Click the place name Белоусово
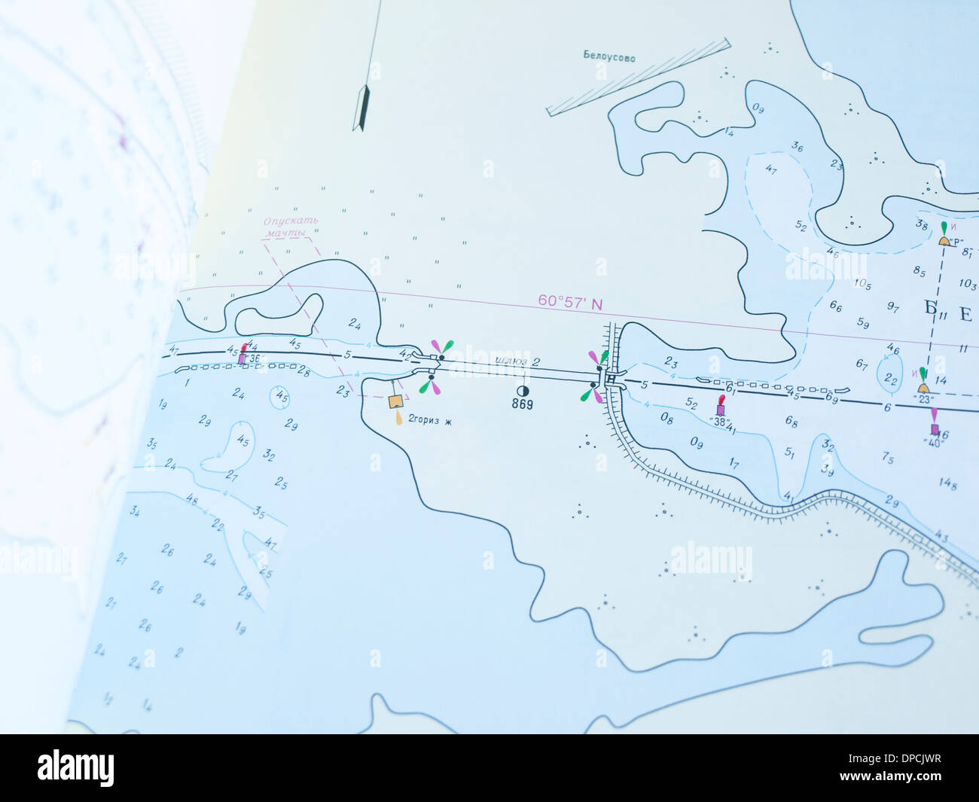point(608,56)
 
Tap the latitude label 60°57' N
point(570,302)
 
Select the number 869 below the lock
point(522,404)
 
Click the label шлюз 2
point(517,361)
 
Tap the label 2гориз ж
point(429,420)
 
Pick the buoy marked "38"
point(721,410)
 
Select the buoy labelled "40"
point(935,429)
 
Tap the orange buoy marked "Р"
point(944,240)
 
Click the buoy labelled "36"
point(242,358)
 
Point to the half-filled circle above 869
point(522,391)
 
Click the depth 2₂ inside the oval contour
point(891,378)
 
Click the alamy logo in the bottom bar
point(75,768)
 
